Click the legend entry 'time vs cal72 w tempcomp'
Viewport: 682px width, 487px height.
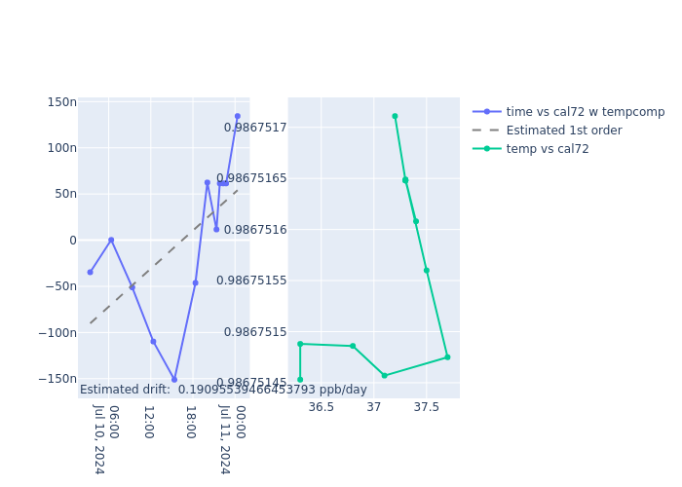[585, 112]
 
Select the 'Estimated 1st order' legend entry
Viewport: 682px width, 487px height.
[563, 131]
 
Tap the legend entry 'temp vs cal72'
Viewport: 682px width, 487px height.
[547, 149]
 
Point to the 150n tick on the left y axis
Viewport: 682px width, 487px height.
[61, 102]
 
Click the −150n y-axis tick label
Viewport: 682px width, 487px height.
[58, 379]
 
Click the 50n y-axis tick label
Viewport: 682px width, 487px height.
[64, 194]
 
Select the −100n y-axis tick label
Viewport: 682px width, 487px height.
[58, 333]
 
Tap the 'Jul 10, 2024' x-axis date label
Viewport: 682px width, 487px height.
[98, 438]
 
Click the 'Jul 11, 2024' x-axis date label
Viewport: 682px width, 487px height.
[224, 438]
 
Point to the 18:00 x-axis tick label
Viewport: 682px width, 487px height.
[190, 422]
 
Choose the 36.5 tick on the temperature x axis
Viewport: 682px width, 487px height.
[321, 407]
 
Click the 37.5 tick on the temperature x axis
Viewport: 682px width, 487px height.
[426, 407]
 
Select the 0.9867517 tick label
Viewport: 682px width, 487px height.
[255, 128]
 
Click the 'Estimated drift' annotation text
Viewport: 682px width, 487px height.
[223, 390]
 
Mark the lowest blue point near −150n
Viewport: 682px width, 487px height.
[174, 380]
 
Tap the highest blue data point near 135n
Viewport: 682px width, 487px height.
[237, 116]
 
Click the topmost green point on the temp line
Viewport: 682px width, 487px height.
[395, 116]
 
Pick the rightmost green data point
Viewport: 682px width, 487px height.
[447, 357]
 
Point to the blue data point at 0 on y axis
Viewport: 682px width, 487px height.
[111, 240]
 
